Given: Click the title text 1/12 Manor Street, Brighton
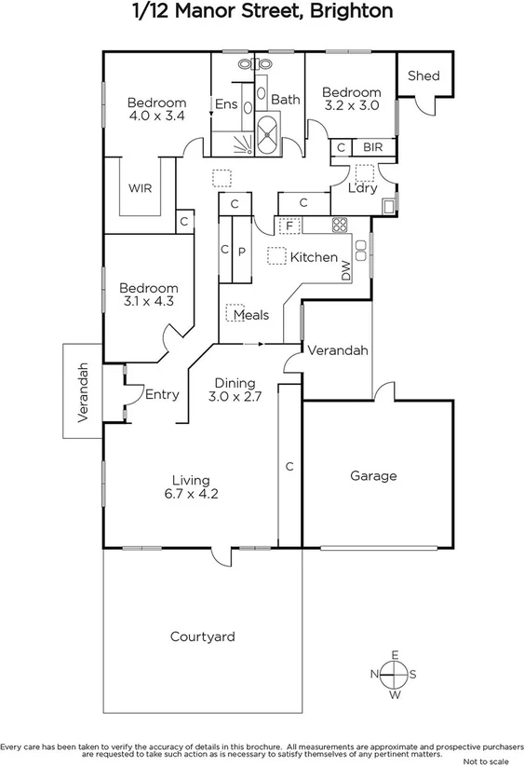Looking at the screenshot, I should [262, 12].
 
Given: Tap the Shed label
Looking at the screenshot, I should [423, 75].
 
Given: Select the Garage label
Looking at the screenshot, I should [373, 475].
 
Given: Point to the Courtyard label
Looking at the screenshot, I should [202, 637].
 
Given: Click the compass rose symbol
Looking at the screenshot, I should [395, 674].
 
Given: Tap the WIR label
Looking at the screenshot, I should [141, 188].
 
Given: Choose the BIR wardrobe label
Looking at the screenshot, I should [372, 147].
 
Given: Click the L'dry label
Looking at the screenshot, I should [362, 188].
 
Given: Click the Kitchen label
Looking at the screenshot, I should [314, 256].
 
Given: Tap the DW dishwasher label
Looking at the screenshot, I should [346, 270].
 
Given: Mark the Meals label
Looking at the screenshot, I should [250, 315].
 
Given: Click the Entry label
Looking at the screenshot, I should [162, 394].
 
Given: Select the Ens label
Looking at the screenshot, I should [226, 104].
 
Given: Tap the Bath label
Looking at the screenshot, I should [285, 100].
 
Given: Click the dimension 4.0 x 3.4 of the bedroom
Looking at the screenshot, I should [156, 116].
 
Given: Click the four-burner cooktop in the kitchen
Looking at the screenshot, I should [339, 225].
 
